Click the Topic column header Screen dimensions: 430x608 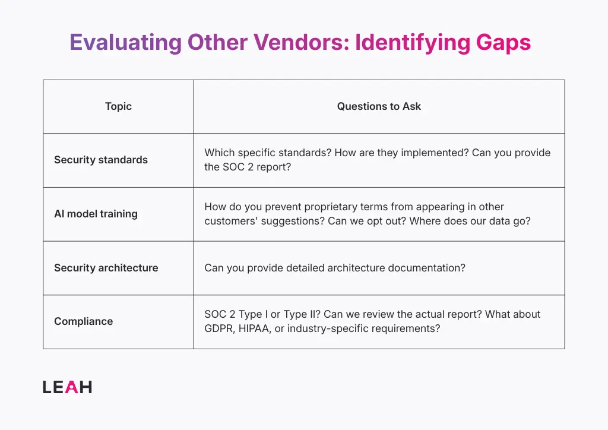[118, 106]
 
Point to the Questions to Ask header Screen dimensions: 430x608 [379, 106]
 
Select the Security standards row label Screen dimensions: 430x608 [101, 160]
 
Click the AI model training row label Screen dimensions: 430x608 [96, 214]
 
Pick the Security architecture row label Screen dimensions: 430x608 [106, 268]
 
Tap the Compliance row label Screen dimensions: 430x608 [83, 321]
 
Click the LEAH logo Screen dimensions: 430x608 [67, 387]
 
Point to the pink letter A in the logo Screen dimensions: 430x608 [71, 387]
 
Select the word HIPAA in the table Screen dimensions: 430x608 [255, 328]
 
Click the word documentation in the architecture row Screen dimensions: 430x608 [426, 268]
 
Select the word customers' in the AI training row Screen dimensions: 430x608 [233, 221]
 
